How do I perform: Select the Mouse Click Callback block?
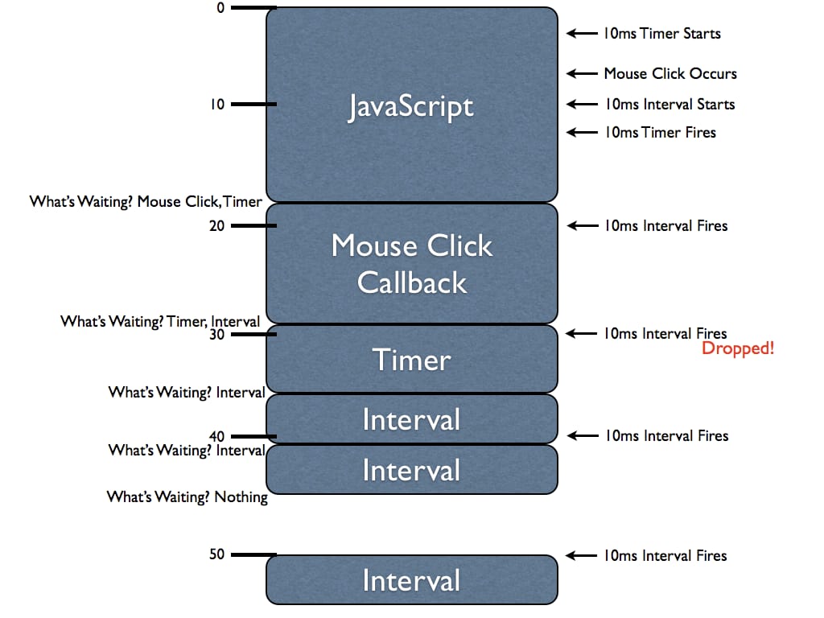click(x=411, y=263)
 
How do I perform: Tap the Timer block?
click(x=411, y=360)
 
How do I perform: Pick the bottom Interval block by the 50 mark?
click(x=411, y=580)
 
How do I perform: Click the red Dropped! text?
click(x=738, y=349)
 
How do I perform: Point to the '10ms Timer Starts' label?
click(x=661, y=34)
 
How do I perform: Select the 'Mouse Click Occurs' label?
click(x=669, y=73)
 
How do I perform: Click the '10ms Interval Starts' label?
click(x=669, y=104)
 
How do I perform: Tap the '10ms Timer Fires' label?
click(x=659, y=132)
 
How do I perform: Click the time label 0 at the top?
click(x=219, y=7)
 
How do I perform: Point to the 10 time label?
click(x=217, y=104)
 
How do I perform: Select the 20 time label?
click(x=217, y=226)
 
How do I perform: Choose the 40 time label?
click(x=217, y=436)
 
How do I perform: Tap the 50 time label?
click(x=217, y=554)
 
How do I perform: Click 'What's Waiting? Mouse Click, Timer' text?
click(x=146, y=201)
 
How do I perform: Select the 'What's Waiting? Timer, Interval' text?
click(x=160, y=322)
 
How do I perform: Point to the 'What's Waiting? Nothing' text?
click(x=187, y=497)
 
